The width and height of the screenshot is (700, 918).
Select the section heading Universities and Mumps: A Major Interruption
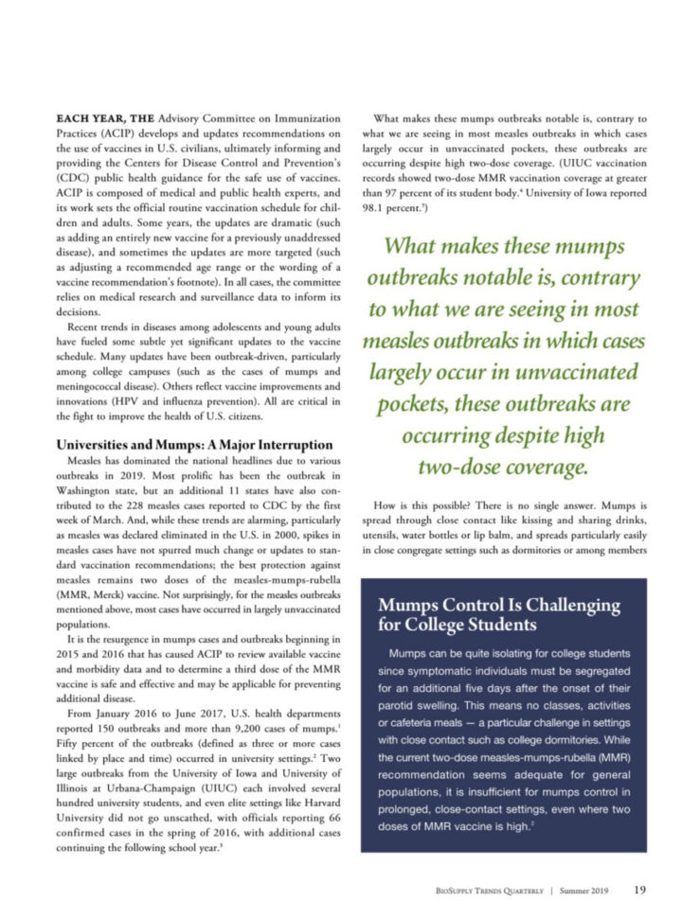click(194, 444)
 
